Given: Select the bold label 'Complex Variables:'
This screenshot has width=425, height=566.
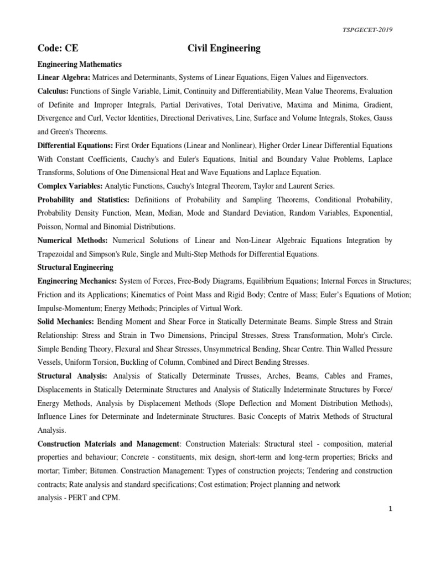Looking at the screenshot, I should pos(70,186).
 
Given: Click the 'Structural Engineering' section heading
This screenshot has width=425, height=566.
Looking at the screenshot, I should pos(75,267).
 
